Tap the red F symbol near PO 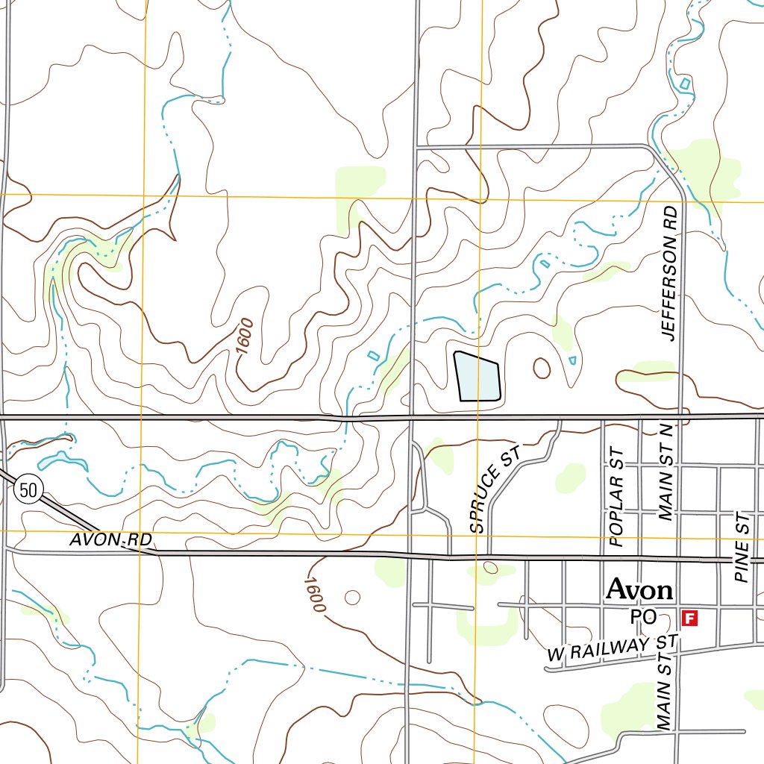coord(690,618)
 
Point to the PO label coord(642,617)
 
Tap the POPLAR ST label coord(616,498)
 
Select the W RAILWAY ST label coord(612,648)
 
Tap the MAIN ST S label coord(665,690)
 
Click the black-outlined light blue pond coord(476,377)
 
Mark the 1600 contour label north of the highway coord(243,336)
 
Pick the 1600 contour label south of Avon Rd coord(315,595)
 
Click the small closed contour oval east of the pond coord(542,367)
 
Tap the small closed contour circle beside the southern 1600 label coord(352,598)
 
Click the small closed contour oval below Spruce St coord(490,568)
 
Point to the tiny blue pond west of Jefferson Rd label coord(572,360)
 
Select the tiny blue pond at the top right coord(684,84)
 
